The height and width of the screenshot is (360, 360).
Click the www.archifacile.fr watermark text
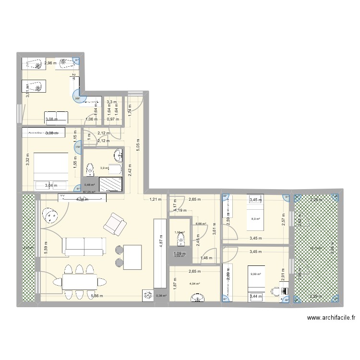(332, 318)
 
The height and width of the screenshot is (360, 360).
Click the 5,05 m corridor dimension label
(138, 144)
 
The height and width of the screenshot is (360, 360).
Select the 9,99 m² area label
(255, 275)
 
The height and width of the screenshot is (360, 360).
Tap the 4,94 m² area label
(194, 284)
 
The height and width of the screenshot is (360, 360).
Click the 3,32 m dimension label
(28, 159)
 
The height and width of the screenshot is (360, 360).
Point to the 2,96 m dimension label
(50, 63)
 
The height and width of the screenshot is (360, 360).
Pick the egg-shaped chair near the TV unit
(49, 216)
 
